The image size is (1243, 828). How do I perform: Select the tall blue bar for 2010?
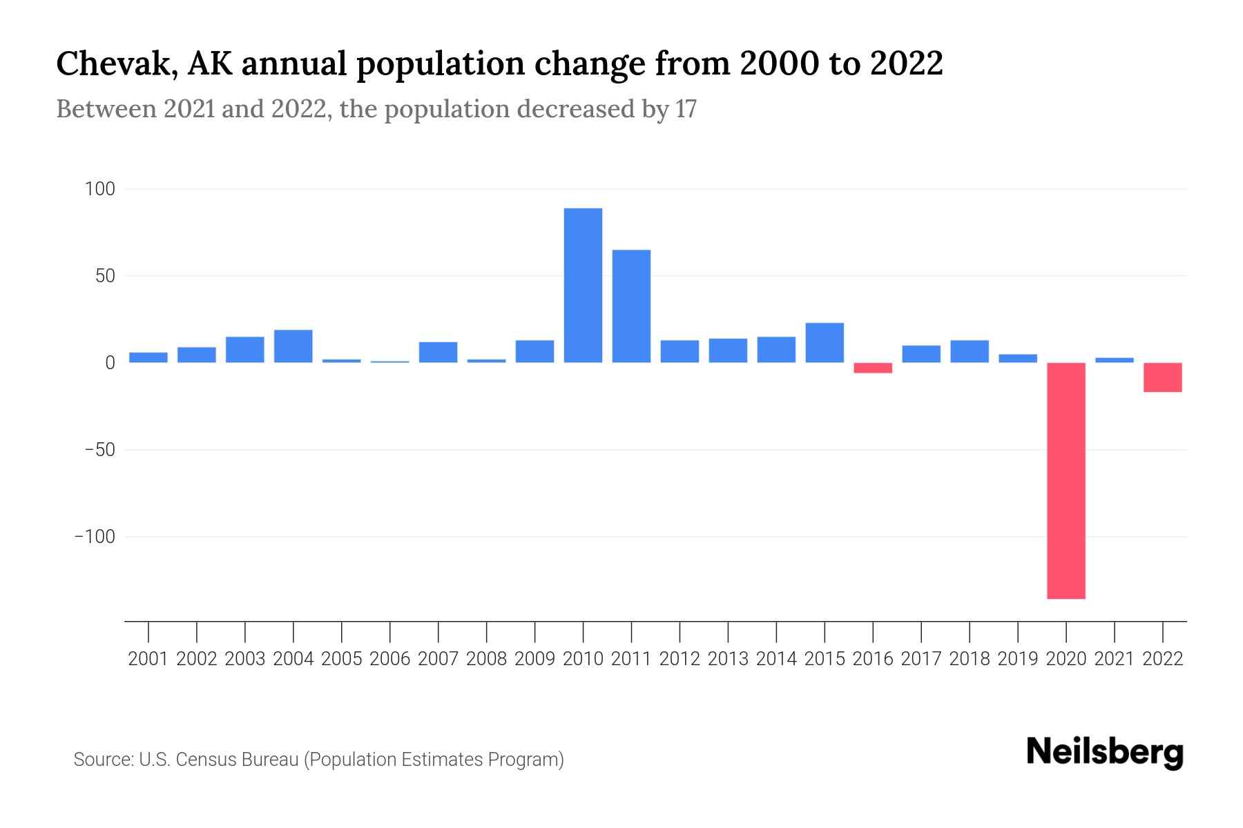pyautogui.click(x=583, y=285)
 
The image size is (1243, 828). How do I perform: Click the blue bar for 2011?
pyautogui.click(x=631, y=306)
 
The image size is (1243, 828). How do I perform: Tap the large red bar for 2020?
pyautogui.click(x=1066, y=480)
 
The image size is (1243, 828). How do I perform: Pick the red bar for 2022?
pyautogui.click(x=1162, y=377)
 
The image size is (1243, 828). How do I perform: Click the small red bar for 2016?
pyautogui.click(x=873, y=368)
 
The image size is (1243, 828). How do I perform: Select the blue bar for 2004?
pyautogui.click(x=293, y=346)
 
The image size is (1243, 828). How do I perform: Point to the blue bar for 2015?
pyautogui.click(x=825, y=343)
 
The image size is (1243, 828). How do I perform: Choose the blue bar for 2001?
pyautogui.click(x=148, y=357)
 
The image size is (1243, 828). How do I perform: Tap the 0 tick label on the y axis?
pyautogui.click(x=110, y=363)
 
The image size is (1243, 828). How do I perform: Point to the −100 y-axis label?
pyautogui.click(x=95, y=537)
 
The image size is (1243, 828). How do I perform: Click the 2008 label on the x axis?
pyautogui.click(x=486, y=659)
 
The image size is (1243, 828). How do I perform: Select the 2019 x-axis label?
pyautogui.click(x=1018, y=659)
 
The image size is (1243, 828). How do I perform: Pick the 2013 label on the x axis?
pyautogui.click(x=728, y=659)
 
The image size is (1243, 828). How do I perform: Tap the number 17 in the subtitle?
pyautogui.click(x=686, y=109)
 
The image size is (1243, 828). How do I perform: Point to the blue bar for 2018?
pyautogui.click(x=970, y=351)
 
